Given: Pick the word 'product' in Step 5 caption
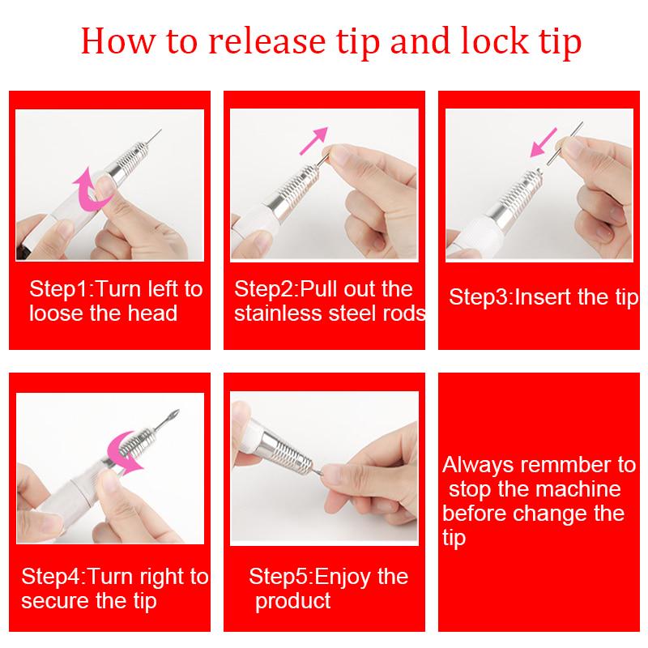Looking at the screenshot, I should pos(293,600).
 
